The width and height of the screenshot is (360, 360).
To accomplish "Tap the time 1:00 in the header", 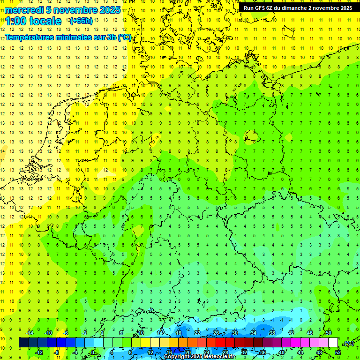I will click(x=18, y=21).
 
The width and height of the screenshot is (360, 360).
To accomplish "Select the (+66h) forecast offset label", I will click(x=81, y=21).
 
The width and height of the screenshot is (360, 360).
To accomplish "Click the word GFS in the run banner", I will click(x=261, y=8).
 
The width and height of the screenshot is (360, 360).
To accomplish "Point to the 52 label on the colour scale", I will click(x=337, y=352).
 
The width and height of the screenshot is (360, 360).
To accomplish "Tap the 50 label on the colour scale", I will click(x=328, y=333).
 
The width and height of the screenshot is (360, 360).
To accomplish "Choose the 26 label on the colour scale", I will click(x=216, y=333).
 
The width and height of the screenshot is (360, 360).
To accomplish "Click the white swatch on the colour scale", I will click(x=333, y=343).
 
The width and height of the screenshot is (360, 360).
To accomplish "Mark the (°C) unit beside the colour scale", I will click(x=349, y=344).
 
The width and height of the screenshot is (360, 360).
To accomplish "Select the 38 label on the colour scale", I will click(x=272, y=333).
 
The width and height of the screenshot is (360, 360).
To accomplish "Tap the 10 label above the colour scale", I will click(x=141, y=333).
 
